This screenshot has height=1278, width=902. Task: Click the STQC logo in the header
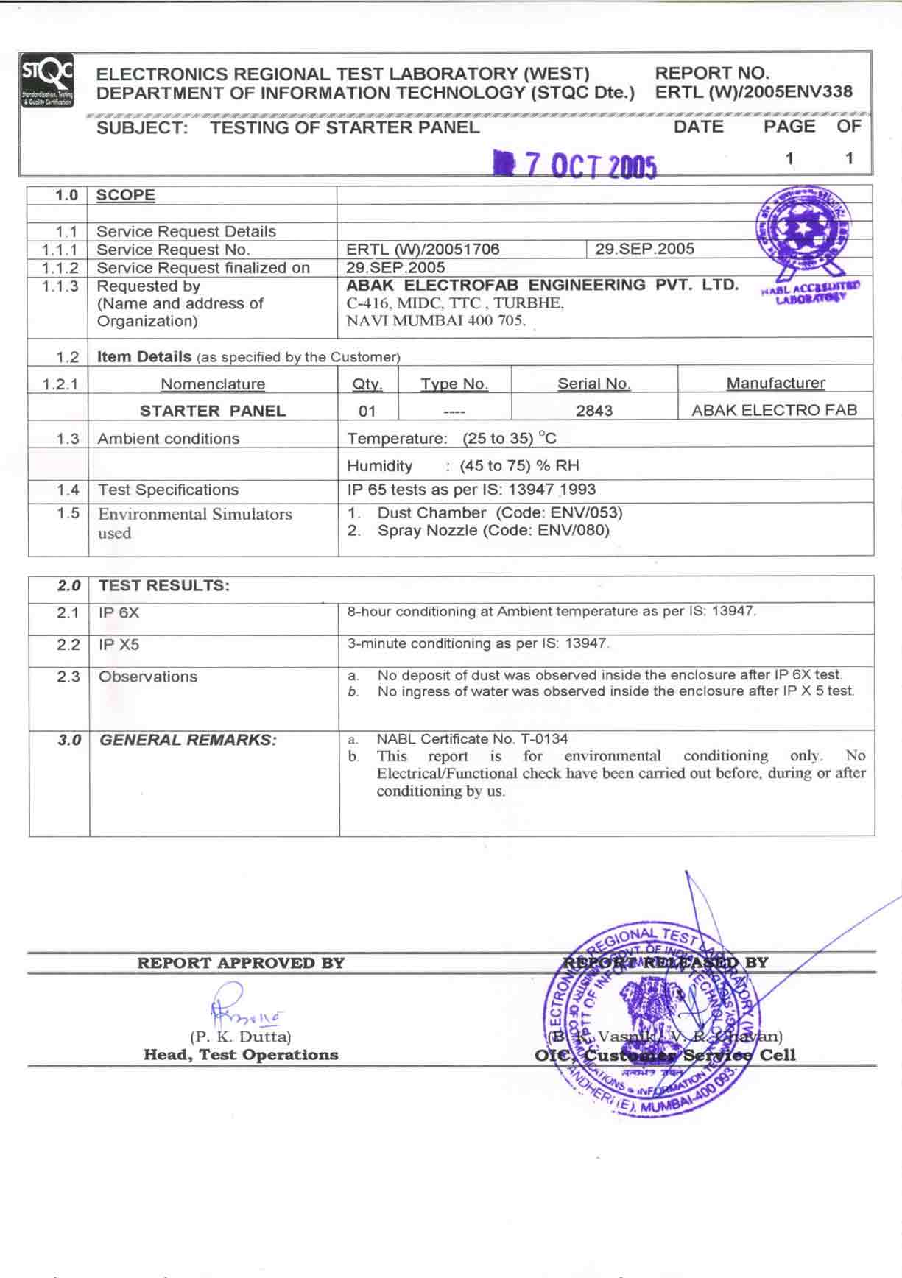[x=47, y=81]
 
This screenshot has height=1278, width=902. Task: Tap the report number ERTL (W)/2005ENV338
[x=753, y=93]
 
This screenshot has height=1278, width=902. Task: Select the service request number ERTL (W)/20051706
[x=423, y=250]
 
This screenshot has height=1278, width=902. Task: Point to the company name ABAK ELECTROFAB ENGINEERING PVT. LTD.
[x=542, y=286]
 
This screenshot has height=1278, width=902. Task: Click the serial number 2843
[x=594, y=411]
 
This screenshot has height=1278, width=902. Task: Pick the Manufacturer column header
[x=775, y=384]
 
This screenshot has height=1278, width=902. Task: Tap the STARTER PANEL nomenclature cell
[x=213, y=411]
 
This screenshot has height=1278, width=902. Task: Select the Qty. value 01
[x=367, y=412]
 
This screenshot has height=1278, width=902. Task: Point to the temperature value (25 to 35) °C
[x=510, y=439]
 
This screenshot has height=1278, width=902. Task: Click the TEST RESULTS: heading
[x=163, y=586]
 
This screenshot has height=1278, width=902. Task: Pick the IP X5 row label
[x=119, y=645]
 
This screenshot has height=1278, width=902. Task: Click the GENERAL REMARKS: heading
[x=188, y=741]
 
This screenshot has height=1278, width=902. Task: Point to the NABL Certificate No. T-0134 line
[x=472, y=739]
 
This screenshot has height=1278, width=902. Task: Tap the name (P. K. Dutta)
[x=241, y=1037]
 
